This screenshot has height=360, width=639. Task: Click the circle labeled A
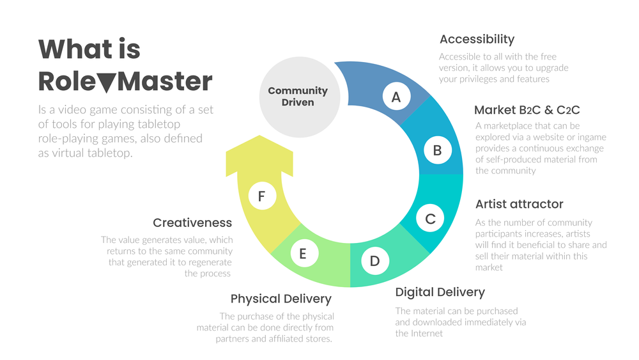[396, 97]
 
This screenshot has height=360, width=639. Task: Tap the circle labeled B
[438, 150]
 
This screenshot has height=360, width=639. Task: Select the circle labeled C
[430, 219]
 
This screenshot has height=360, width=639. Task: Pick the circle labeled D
[374, 260]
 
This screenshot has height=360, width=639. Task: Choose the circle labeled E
[303, 254]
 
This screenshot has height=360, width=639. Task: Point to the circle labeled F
[261, 196]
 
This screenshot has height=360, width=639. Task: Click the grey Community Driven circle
[297, 97]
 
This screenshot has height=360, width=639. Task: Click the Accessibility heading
[477, 40]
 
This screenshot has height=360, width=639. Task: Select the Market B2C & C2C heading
[527, 110]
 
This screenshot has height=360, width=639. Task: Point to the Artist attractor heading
[520, 204]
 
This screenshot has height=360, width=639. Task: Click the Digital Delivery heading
[440, 292]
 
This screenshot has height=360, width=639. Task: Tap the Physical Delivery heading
[281, 299]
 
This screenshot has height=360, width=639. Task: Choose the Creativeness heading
[192, 223]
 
